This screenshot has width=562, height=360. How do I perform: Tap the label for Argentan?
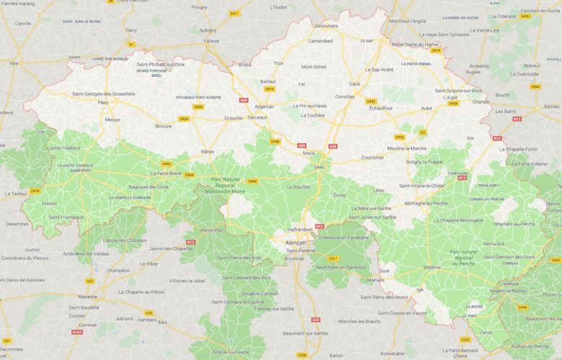[264, 106]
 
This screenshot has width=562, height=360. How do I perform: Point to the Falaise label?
[211, 41]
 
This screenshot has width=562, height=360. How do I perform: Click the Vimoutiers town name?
[326, 25]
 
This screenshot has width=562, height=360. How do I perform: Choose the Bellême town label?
[432, 266]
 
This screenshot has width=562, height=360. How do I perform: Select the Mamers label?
[375, 279]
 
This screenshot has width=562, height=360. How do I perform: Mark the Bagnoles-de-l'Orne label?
[148, 186]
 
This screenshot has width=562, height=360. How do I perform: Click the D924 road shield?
[184, 119]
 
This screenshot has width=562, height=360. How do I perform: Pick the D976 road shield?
[35, 191]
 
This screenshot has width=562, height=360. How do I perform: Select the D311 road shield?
[333, 258]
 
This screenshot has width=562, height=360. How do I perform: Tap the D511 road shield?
[234, 13]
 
